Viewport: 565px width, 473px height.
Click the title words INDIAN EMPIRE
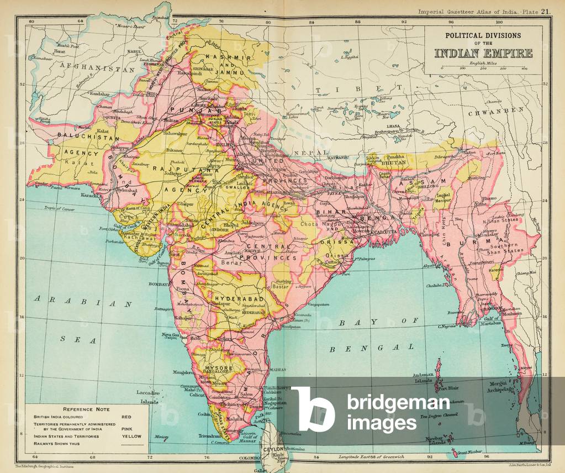483,54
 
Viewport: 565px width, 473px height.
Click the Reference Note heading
86,409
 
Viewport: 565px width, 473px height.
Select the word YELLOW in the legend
132,436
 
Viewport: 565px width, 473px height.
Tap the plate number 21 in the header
546,11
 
